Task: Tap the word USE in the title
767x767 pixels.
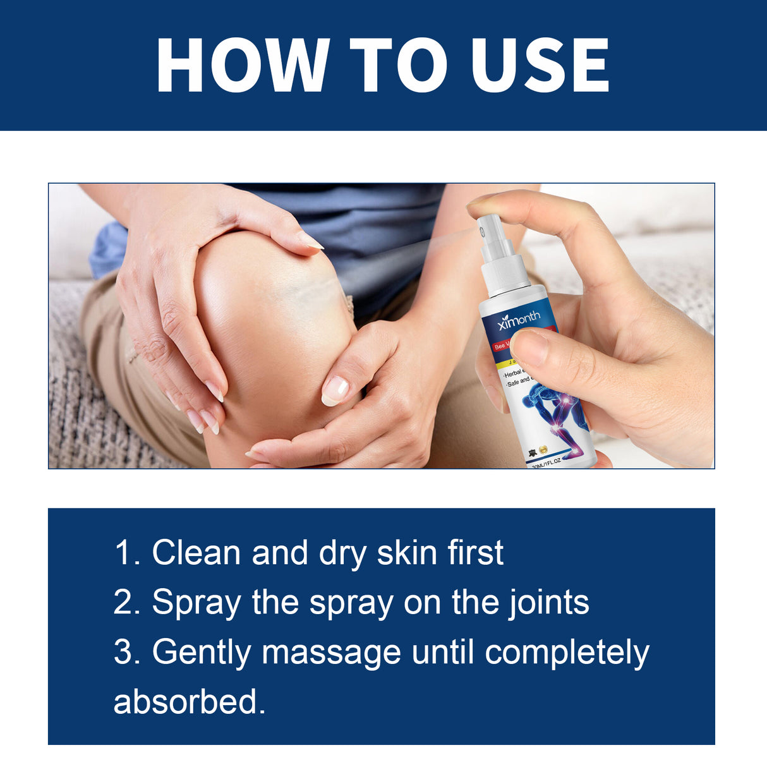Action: pos(540,66)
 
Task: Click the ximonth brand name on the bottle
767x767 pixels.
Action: pos(519,320)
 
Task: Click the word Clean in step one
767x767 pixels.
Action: pos(196,553)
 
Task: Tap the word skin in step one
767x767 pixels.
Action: pos(405,553)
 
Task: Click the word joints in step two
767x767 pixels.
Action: pos(549,602)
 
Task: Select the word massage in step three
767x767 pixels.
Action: pos(332,653)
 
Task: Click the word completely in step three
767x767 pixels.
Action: pos(567,653)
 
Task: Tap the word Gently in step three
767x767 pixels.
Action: pos(202,653)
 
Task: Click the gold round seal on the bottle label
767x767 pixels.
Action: pos(543,449)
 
